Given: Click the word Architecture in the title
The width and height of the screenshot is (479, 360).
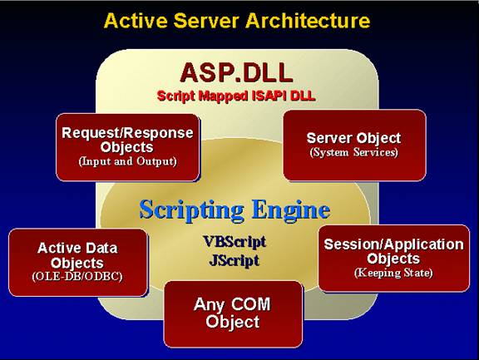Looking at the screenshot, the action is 308,21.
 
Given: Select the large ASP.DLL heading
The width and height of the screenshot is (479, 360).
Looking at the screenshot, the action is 236,72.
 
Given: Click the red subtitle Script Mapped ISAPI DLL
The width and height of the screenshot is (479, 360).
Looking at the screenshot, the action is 236,96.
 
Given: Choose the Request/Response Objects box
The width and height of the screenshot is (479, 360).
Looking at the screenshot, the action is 128,147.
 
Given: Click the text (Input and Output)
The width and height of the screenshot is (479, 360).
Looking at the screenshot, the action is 128,161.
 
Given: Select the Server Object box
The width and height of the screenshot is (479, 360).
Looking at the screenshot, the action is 354,145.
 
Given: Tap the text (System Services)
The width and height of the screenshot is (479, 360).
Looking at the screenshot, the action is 354,152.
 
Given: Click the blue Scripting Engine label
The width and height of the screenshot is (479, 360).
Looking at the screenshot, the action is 235,210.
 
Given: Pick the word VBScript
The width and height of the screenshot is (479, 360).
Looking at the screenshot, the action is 235,242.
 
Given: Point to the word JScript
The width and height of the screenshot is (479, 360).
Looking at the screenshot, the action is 235,260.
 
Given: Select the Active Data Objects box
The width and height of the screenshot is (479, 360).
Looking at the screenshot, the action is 78,263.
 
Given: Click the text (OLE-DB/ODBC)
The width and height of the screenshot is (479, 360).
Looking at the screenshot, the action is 77,276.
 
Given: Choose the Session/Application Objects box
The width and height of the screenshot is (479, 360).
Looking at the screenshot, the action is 394,259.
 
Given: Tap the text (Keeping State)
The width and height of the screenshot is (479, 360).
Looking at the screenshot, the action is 394,273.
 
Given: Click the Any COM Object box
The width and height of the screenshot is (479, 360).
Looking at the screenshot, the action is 234,314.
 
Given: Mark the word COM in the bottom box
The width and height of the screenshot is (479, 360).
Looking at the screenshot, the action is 251,304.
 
